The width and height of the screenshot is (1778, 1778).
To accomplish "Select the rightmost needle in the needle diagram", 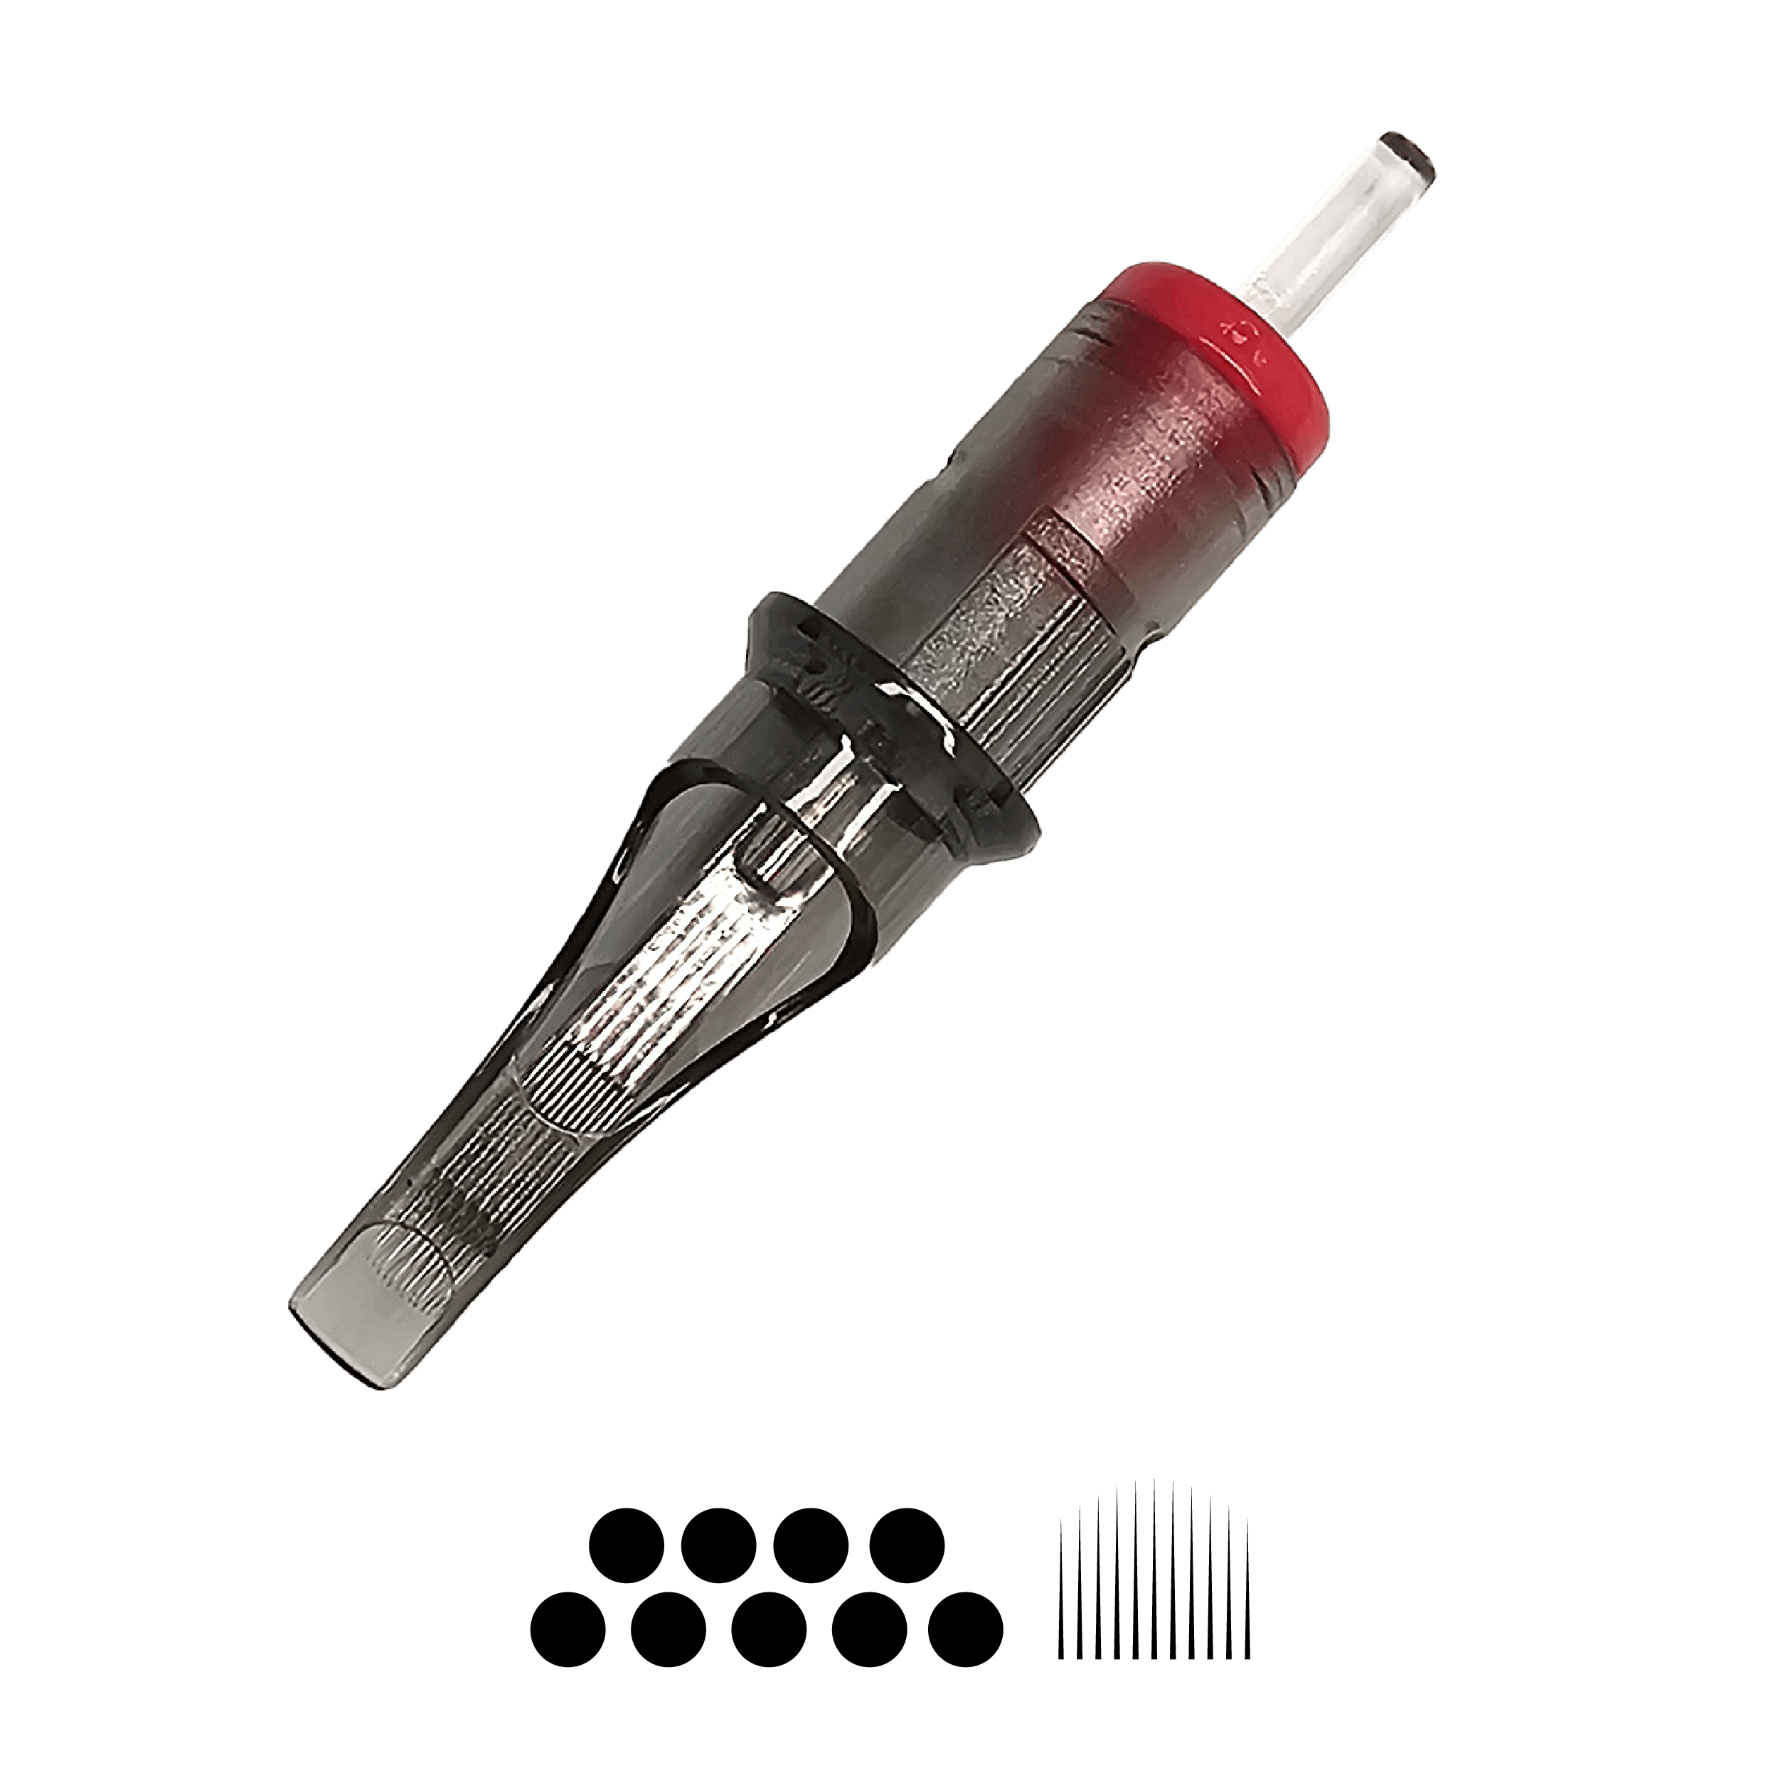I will click(1248, 1583).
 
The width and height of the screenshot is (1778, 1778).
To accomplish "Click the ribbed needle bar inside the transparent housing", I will click(644, 1003).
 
